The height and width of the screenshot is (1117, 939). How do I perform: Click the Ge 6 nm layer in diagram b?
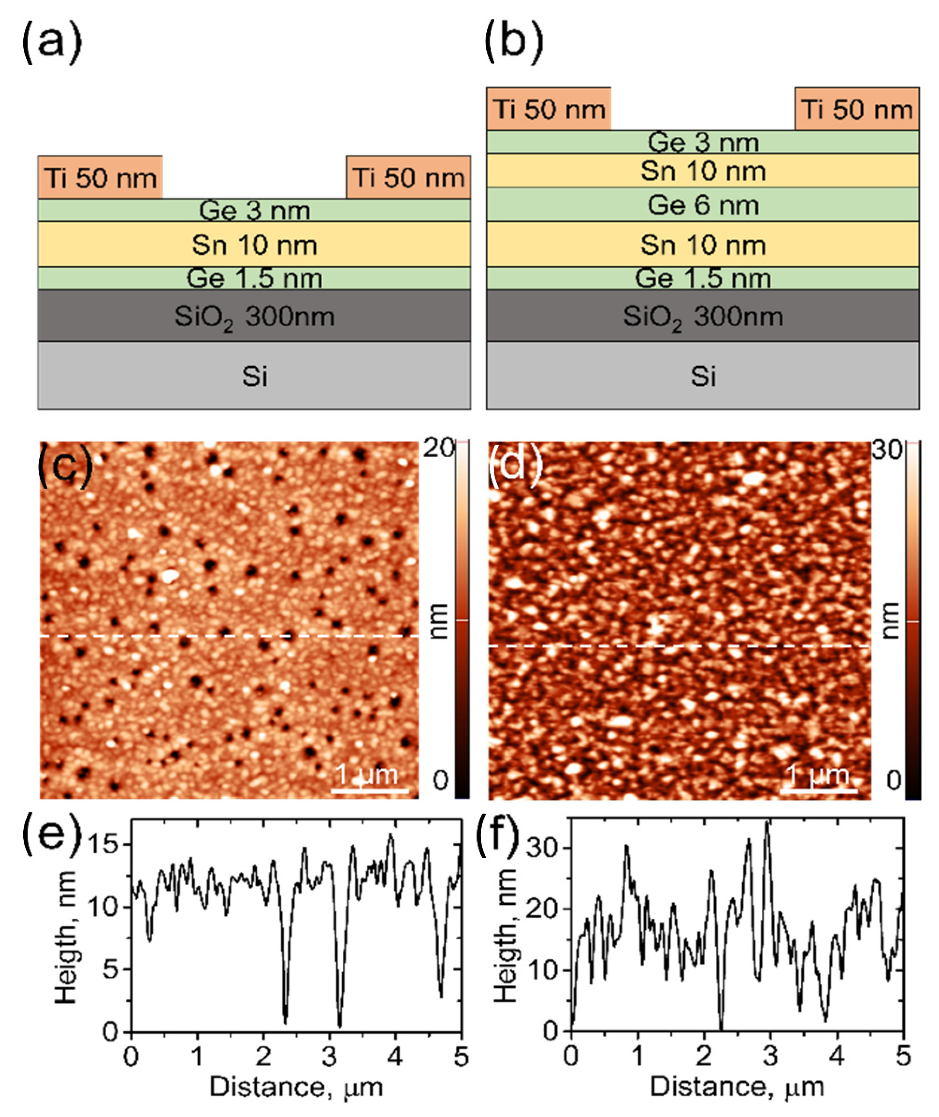coord(703,205)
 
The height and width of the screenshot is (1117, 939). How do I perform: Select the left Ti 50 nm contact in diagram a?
coord(100,177)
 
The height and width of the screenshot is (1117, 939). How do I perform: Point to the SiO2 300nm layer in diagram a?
coord(254,316)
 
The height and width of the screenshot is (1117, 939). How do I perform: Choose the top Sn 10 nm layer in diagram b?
coord(703,171)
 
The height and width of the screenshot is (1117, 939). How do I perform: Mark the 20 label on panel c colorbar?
coord(438,449)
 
